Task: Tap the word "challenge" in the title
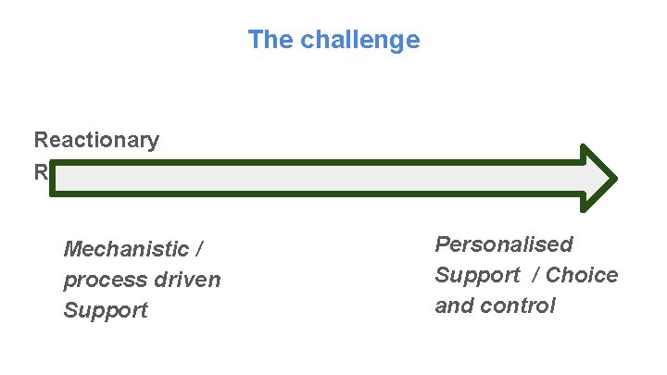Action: (360, 41)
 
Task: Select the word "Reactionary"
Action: (96, 141)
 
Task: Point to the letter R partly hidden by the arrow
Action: (41, 171)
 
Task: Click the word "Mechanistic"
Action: (123, 249)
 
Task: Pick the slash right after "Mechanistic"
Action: (198, 249)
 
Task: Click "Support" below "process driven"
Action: (106, 310)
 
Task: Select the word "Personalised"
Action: (504, 244)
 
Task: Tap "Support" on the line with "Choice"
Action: (477, 275)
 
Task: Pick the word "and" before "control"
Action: (455, 306)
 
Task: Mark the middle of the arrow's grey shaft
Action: (315, 177)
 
